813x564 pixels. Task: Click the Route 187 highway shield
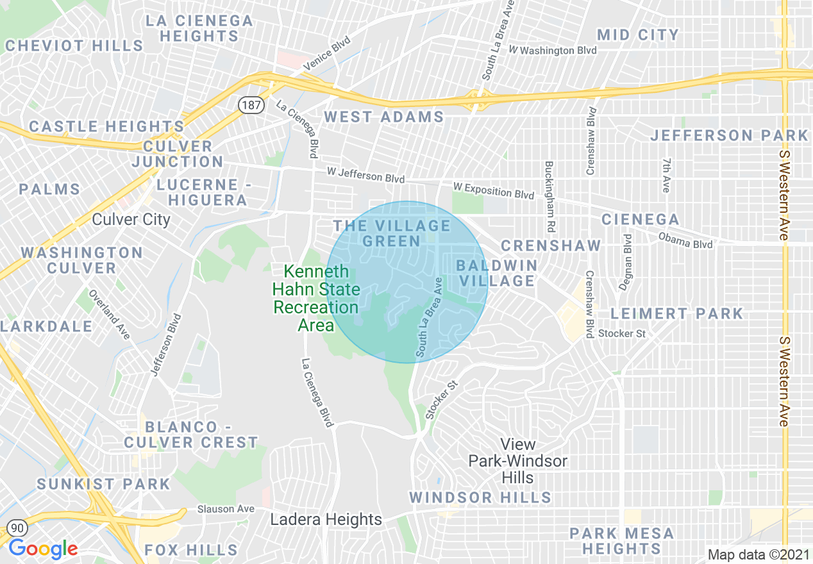coord(252,105)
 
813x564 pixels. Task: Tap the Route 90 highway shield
coord(16,527)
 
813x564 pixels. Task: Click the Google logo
coord(43,549)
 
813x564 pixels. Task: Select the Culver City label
coord(131,219)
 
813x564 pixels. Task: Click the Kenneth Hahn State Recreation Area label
coord(316,298)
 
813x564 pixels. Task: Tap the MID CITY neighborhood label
coord(637,35)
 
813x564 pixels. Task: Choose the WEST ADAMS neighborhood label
coord(383,117)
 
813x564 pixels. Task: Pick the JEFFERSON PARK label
coord(729,135)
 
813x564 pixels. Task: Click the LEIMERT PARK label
coord(676,313)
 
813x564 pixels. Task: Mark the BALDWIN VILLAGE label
coord(496,272)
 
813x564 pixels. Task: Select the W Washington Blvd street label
coord(552,50)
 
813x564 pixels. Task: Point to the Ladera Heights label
coord(326,519)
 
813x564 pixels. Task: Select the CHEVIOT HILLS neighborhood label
coord(74,46)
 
